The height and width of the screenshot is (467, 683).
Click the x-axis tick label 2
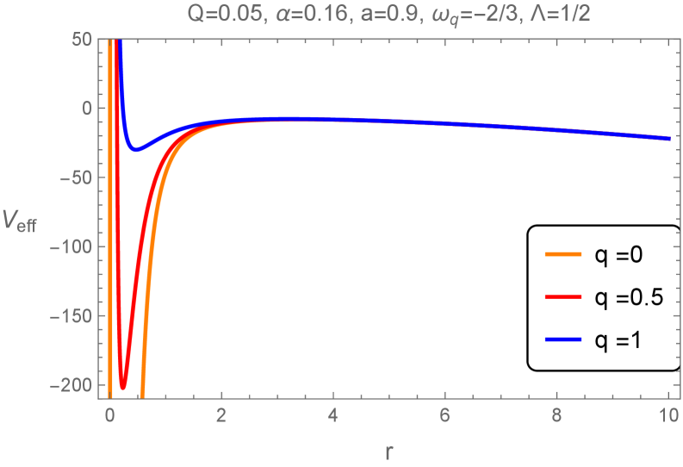click(x=221, y=414)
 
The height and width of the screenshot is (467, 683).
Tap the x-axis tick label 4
click(x=333, y=414)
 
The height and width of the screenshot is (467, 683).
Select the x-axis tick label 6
click(x=444, y=414)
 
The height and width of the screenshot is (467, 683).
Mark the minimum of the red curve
click(x=123, y=387)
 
